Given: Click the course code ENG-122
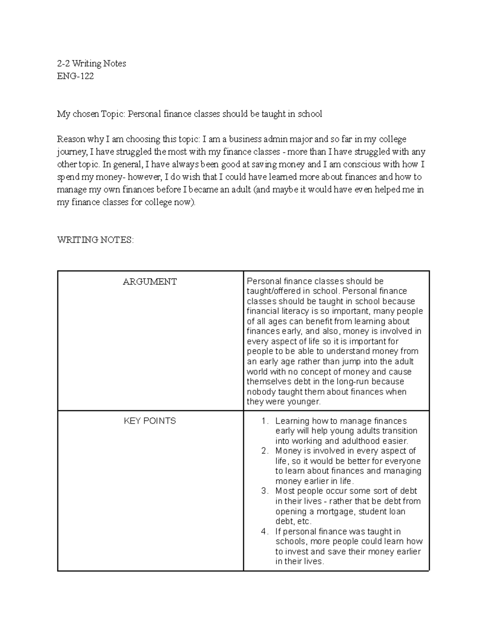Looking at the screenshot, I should (x=75, y=76).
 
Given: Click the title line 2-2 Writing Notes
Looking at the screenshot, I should (x=92, y=63).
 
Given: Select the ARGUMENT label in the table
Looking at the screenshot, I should (x=150, y=282).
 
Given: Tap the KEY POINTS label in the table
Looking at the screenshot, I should (x=150, y=421).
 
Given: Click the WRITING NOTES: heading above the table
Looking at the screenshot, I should (x=95, y=240).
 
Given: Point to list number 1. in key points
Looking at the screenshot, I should (x=265, y=421).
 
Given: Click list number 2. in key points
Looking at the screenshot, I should (x=265, y=451).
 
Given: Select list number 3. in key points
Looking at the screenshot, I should (x=265, y=491).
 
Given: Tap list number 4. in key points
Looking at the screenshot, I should (x=265, y=531).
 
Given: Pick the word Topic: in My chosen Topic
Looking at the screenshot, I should (x=113, y=114).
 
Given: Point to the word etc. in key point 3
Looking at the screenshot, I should (x=303, y=522).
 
